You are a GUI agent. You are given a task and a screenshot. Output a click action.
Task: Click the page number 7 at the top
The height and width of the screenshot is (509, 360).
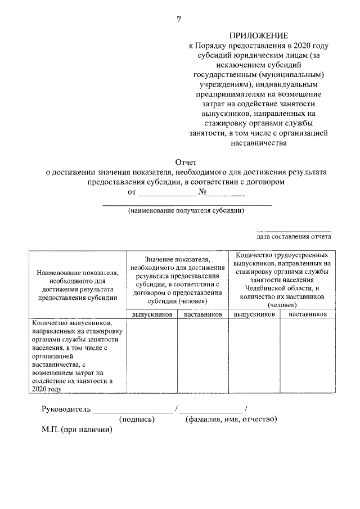tap(178, 19)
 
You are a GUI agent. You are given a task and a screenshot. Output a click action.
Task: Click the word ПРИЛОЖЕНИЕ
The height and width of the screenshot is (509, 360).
tap(259, 35)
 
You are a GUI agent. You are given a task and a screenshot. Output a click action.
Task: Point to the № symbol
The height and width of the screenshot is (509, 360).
tap(203, 192)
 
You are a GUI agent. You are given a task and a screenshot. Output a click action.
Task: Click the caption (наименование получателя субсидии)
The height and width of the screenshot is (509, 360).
tap(186, 211)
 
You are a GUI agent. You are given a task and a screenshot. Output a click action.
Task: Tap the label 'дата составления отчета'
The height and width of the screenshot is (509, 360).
tap(294, 236)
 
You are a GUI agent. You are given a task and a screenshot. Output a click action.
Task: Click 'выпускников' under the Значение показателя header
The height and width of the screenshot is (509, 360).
tap(152, 314)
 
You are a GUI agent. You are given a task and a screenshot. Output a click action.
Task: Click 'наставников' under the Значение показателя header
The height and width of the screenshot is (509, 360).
tap(202, 314)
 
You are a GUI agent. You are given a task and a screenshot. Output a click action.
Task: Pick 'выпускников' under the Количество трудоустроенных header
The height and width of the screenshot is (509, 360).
tap(254, 314)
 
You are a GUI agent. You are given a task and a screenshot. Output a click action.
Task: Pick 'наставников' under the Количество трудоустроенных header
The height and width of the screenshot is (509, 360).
tap(307, 314)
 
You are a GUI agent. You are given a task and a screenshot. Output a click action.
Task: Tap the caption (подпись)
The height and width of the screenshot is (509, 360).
tap(137, 419)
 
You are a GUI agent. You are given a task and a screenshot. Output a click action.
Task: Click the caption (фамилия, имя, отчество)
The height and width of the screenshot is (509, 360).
tap(231, 419)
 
